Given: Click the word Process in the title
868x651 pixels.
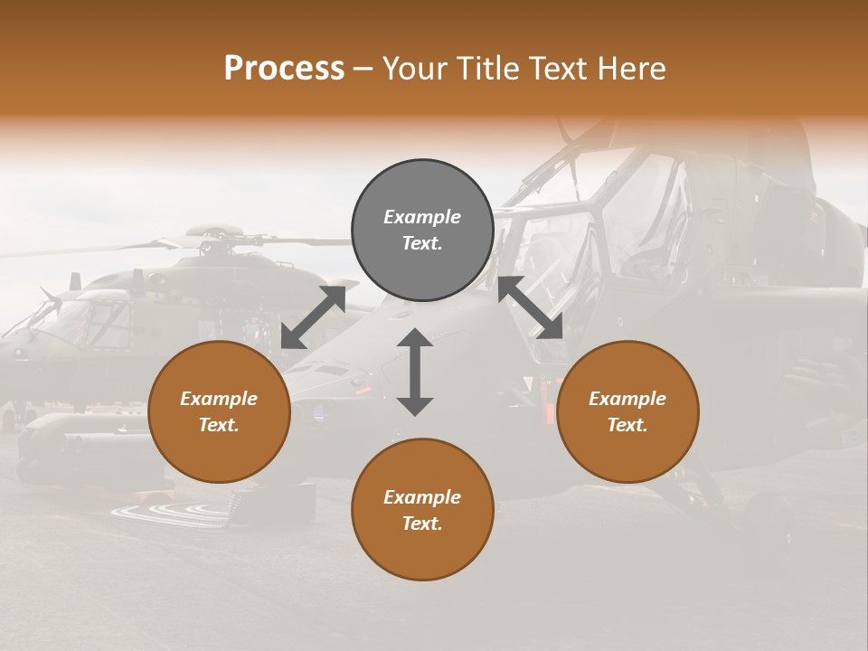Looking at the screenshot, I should (284, 69).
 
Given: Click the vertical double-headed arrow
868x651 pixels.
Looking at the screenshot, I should (415, 372).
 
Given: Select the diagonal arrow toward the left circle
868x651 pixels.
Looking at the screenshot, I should (314, 316).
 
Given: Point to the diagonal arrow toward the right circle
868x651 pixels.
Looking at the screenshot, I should (531, 307).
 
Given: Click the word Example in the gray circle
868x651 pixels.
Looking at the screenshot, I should (422, 217).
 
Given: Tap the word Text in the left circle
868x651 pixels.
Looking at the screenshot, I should (219, 425).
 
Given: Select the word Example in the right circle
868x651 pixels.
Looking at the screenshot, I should (627, 399).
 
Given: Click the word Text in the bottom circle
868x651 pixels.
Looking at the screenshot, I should (422, 524).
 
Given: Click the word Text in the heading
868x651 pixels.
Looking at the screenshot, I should (554, 69).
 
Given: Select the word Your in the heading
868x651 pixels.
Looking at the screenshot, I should (413, 69).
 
